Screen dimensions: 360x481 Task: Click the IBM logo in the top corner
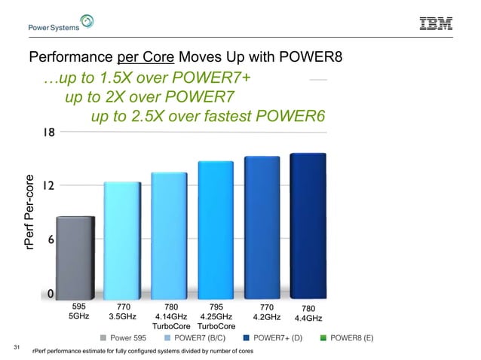[x=435, y=24]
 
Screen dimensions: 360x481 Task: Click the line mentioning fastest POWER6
[x=207, y=116]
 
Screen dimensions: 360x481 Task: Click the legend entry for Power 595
[x=129, y=339]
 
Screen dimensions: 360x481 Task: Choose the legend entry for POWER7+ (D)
[x=272, y=339]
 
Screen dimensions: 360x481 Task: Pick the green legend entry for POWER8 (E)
[x=347, y=339]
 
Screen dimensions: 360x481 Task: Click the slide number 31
[x=17, y=348]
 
